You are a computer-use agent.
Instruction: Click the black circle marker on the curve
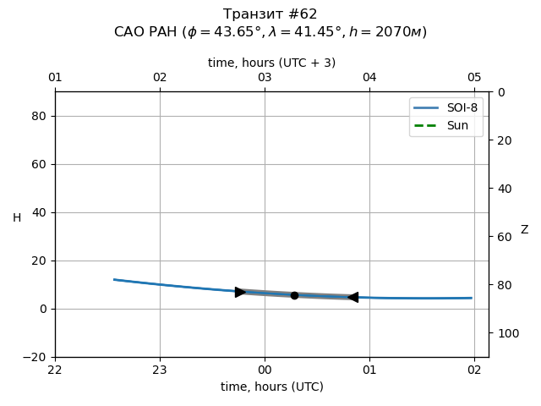[294, 295]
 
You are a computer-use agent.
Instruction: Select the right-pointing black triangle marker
[240, 292]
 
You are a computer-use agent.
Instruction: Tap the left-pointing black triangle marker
[352, 297]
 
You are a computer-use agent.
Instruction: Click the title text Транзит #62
[270, 14]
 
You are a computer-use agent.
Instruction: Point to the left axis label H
[17, 218]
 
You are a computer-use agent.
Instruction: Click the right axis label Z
[524, 229]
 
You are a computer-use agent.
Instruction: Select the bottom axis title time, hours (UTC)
[271, 387]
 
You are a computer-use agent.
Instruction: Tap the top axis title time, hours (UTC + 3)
[271, 63]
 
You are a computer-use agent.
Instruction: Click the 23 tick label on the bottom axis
[160, 370]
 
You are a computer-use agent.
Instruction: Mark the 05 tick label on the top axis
[474, 78]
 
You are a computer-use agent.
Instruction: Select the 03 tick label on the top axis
[265, 78]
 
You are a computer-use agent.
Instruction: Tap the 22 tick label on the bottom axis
[55, 370]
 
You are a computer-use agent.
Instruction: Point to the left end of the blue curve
[114, 279]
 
